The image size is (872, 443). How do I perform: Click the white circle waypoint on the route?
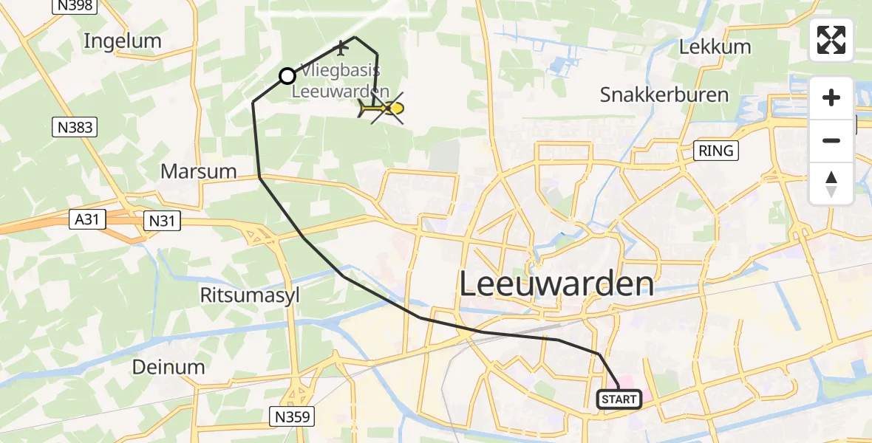pos(287,75)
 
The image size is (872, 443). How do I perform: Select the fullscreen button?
pos(831,40)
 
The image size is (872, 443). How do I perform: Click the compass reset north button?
pos(831,184)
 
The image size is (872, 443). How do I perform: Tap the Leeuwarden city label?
pos(557,284)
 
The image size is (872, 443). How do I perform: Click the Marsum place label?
pos(199,171)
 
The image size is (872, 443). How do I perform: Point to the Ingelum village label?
pos(122,41)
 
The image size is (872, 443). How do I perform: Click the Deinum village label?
pos(168,367)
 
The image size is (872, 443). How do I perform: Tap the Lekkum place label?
pos(715,47)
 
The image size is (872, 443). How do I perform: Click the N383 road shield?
pos(75,128)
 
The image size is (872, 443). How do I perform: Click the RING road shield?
pos(716,151)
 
